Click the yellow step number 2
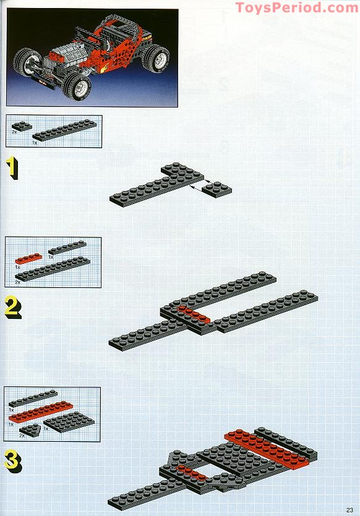coord(12,307)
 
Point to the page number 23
coord(349,509)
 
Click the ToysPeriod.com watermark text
coord(296,7)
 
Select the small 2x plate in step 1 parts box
coord(22,126)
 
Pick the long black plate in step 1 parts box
coord(64,130)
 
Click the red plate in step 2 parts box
coord(28,257)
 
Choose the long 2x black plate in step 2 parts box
coord(53,268)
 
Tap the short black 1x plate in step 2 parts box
coord(67,247)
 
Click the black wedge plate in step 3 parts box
coord(30,428)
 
